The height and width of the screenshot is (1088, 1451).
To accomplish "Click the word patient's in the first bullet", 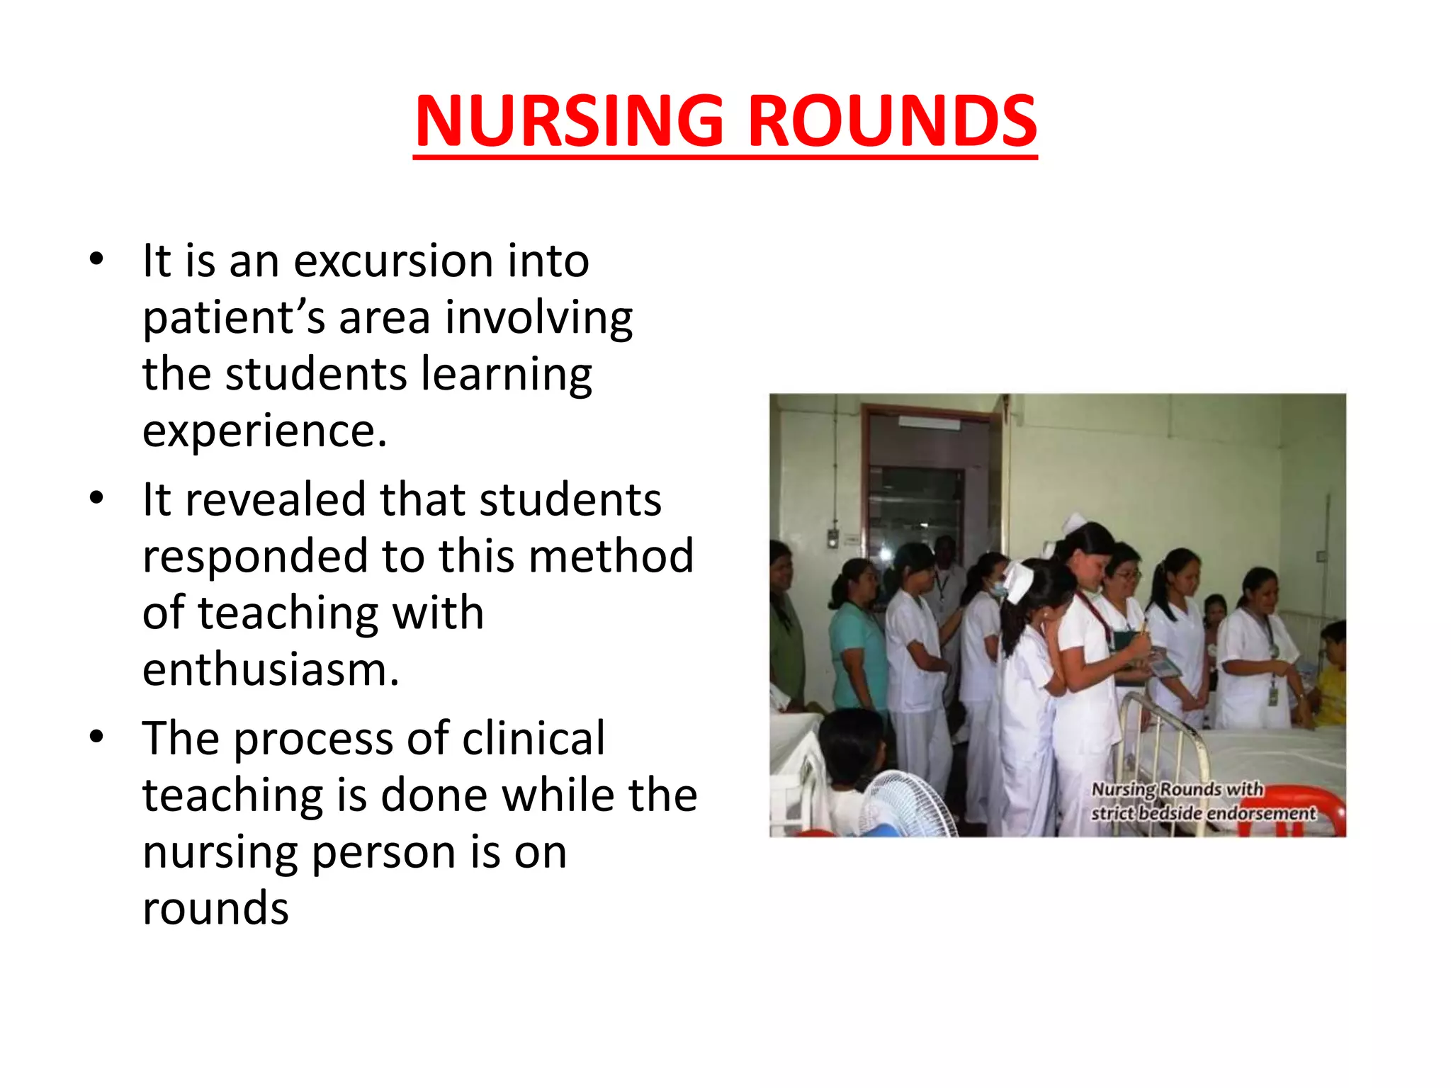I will [234, 318].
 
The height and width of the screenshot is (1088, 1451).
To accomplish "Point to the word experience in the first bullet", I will [264, 431].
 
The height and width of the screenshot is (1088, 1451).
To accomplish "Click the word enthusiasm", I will [271, 669].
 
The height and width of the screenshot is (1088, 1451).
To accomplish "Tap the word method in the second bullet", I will [611, 556].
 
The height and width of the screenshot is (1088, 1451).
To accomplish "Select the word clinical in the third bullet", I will [533, 738].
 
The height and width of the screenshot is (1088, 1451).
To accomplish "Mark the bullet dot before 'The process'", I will [97, 737].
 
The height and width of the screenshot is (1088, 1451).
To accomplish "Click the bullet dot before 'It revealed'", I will [97, 498].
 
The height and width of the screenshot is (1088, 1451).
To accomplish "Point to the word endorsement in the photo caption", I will [1261, 813].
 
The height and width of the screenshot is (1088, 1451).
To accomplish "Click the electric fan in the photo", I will [903, 804].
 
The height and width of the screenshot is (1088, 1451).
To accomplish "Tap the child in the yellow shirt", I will [1330, 680].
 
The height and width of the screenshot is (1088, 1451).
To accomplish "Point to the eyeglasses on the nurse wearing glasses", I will [1127, 575].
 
